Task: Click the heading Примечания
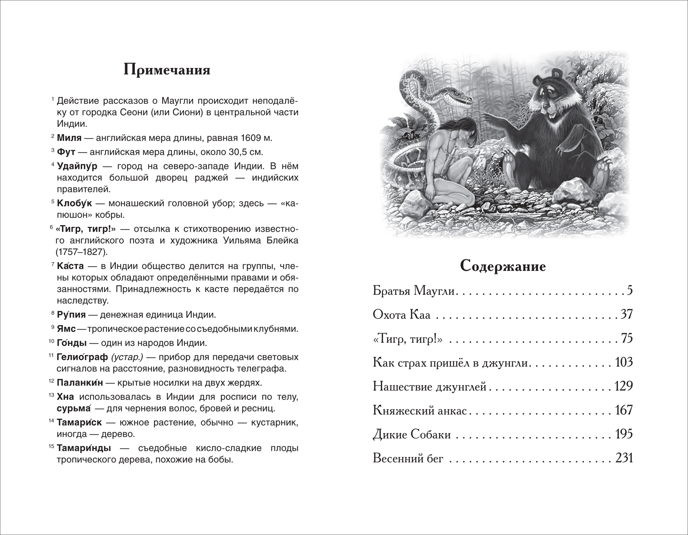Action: (167, 70)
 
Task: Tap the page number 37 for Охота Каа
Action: (627, 315)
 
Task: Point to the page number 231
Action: (624, 458)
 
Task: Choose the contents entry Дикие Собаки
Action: (412, 434)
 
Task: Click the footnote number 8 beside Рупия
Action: (53, 313)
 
